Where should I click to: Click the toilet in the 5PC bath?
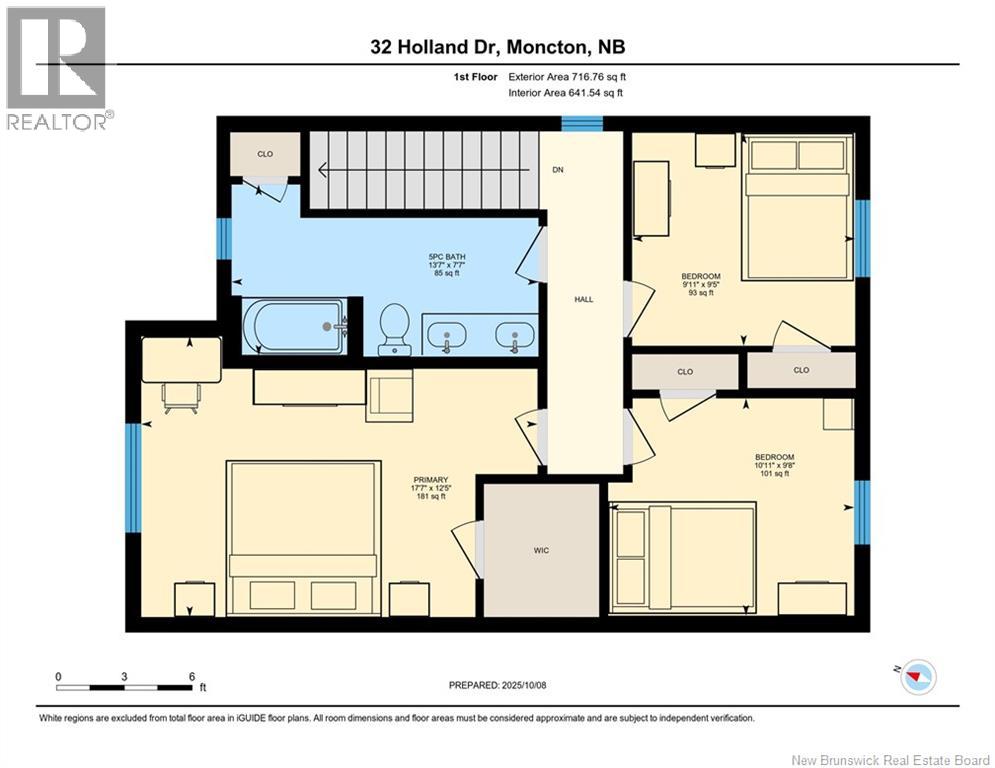394,329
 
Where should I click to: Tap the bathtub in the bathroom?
295,326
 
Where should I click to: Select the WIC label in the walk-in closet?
541,550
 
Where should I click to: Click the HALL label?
584,299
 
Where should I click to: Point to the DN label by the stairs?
558,169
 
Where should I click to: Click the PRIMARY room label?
431,480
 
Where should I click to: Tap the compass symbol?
916,677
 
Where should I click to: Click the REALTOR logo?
57,68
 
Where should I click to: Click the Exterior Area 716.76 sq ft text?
567,77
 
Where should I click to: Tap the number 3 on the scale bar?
124,677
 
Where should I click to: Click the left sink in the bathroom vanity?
447,334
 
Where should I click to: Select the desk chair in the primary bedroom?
181,398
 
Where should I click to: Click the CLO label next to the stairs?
265,154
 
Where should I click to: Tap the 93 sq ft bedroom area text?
701,293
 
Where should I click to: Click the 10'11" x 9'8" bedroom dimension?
775,465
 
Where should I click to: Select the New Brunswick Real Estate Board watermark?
890,760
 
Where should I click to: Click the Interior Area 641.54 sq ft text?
565,93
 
